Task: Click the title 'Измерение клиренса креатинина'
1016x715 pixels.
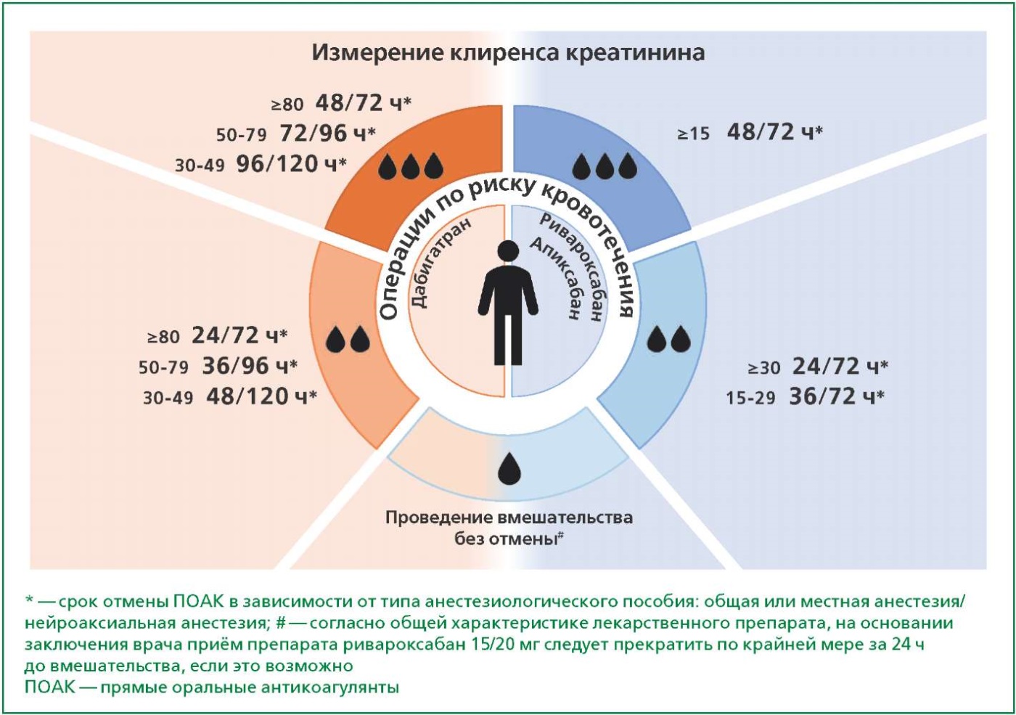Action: coord(508,52)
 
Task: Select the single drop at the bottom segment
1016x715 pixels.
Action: coord(509,467)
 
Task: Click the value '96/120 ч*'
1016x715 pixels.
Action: coord(291,164)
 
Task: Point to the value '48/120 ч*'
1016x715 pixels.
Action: coord(262,396)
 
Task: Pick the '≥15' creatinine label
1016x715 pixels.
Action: coord(694,134)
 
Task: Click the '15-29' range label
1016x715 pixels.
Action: coord(750,398)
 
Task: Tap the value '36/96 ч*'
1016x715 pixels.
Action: coord(250,366)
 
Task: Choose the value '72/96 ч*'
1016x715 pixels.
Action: coord(327,134)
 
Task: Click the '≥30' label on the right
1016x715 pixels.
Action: coord(764,368)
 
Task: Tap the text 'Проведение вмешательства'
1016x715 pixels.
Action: coord(509,518)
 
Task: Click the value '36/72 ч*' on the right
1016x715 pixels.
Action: coord(837,396)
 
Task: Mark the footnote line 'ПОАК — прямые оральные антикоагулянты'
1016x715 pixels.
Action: coord(212,687)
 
